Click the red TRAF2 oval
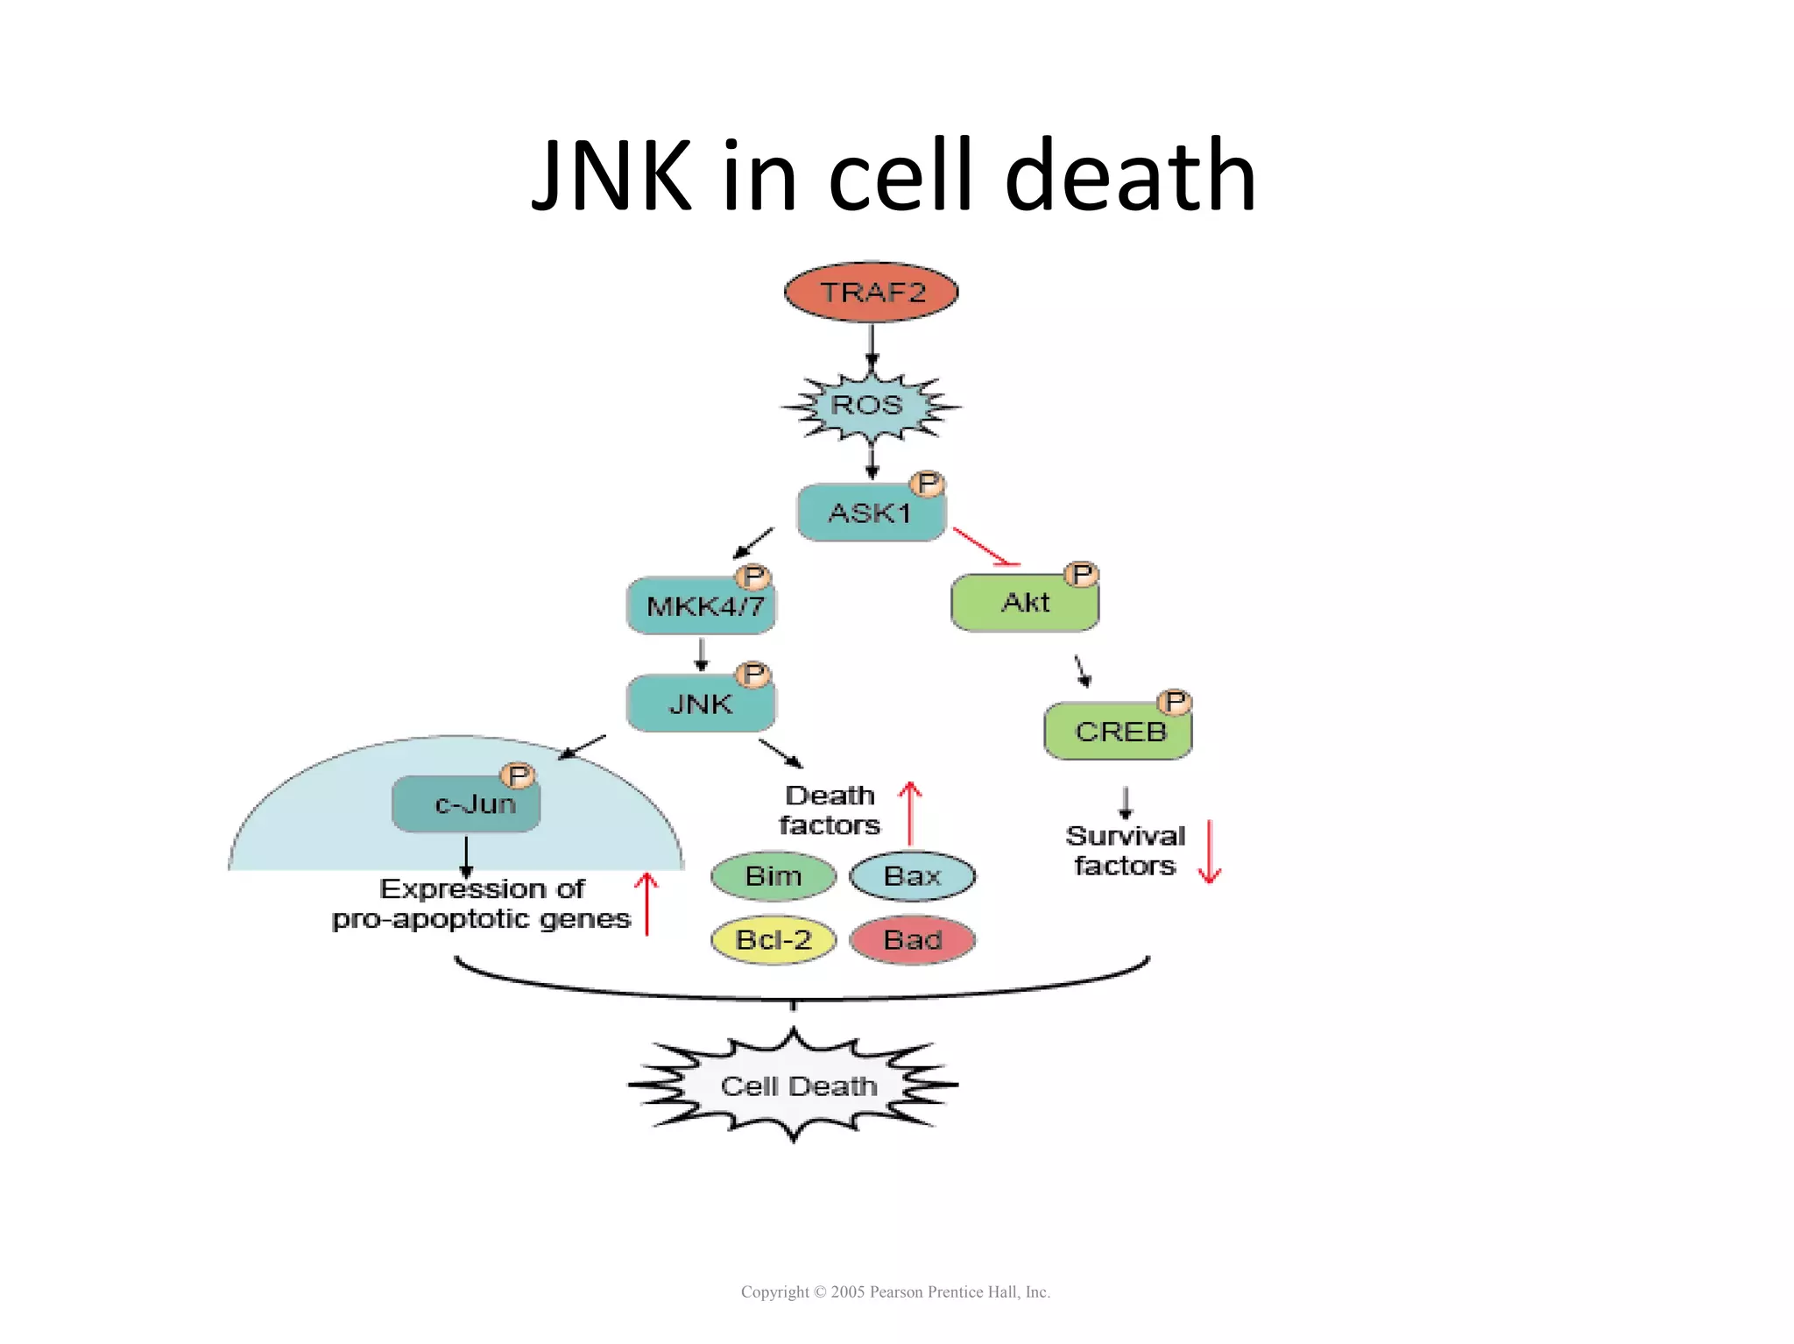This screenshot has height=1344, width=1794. point(871,292)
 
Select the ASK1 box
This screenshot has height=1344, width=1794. point(870,513)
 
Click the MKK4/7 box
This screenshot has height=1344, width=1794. point(702,605)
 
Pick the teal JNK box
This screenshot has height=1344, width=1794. point(700,704)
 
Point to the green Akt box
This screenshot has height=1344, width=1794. point(1024,603)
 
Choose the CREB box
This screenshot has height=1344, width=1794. point(1118,731)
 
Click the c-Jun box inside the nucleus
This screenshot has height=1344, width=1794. point(466,803)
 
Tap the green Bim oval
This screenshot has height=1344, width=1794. point(773,875)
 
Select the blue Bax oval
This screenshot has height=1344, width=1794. point(912,875)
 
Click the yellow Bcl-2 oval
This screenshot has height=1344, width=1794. point(773,940)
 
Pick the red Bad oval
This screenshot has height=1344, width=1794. point(912,940)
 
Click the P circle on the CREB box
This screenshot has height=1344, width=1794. point(1175,702)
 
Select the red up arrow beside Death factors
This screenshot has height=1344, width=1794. point(910,812)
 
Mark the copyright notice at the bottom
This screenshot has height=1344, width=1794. point(895,1291)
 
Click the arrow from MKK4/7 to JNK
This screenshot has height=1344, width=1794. point(701,654)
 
